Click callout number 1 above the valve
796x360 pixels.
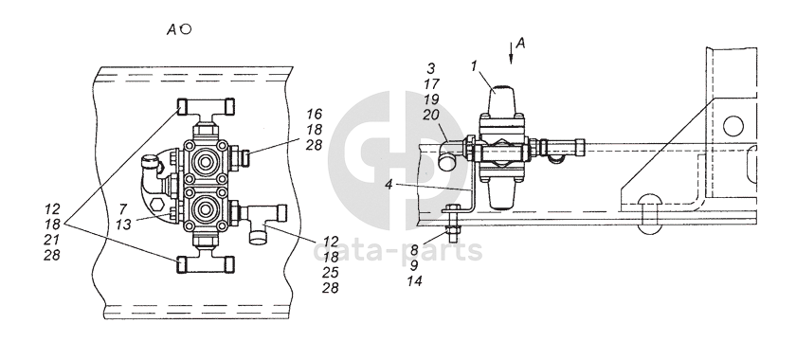474,66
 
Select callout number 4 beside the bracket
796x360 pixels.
389,185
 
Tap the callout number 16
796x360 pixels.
315,114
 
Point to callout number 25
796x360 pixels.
330,273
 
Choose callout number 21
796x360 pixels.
52,240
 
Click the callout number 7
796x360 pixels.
123,208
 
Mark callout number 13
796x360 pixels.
123,225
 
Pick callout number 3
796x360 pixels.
431,68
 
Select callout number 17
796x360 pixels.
431,83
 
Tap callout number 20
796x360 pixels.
431,116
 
